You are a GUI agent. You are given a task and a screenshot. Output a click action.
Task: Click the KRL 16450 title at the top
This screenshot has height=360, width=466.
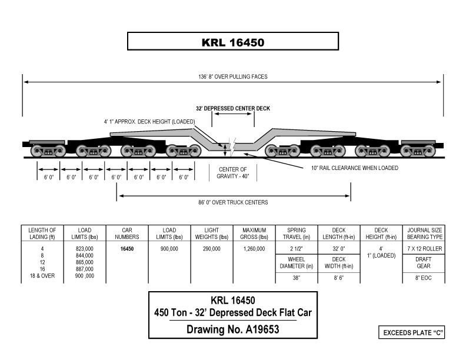[233, 42]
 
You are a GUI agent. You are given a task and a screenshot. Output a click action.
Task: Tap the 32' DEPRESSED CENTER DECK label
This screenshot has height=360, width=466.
[233, 109]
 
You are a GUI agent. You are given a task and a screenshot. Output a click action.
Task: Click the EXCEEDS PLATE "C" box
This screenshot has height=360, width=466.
[412, 333]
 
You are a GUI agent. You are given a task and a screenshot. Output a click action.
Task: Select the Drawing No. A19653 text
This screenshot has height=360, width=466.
[233, 330]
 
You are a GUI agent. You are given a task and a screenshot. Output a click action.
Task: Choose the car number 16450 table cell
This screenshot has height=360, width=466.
[127, 249]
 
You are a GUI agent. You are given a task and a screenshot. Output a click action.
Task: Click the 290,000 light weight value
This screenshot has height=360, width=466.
[211, 249]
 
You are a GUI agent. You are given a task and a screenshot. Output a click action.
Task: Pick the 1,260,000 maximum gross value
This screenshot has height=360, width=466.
[254, 249]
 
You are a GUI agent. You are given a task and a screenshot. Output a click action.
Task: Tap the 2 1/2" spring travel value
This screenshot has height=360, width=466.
[296, 249]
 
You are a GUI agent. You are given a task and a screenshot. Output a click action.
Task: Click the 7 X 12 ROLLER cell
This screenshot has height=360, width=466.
[424, 249]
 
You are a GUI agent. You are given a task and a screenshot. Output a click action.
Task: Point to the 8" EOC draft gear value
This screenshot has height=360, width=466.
[424, 278]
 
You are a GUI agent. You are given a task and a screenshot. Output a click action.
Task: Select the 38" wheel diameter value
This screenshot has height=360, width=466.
[296, 278]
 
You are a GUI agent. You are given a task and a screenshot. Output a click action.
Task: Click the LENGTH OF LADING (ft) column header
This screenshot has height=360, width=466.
[42, 233]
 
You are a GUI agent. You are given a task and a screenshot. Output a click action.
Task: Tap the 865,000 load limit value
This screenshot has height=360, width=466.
[84, 262]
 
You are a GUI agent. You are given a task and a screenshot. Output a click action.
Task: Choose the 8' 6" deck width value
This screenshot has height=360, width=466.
[339, 278]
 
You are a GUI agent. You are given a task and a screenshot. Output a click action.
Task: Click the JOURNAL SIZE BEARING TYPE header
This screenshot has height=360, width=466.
[424, 233]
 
